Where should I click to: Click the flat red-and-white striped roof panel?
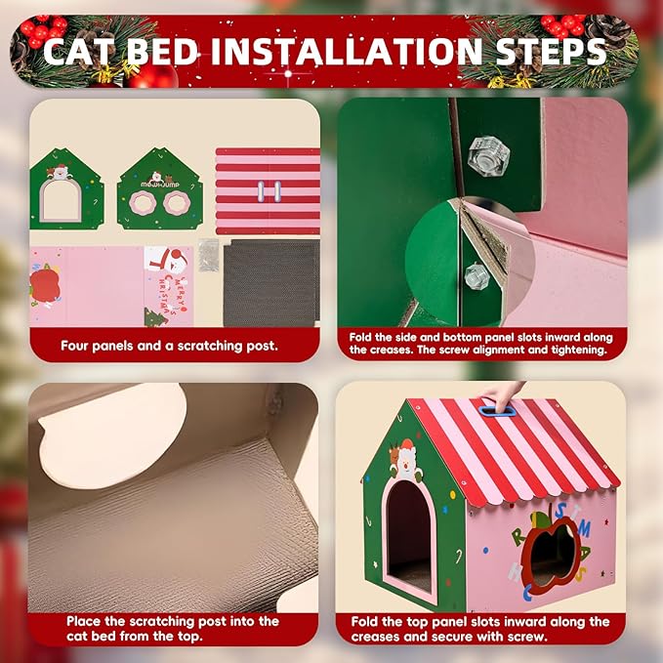[267, 190]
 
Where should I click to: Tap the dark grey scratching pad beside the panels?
[270, 282]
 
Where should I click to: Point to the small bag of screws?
[207, 256]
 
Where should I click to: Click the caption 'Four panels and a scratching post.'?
[168, 345]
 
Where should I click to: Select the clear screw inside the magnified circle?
[477, 276]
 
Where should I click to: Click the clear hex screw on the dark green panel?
[485, 155]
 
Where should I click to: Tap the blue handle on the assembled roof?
[498, 411]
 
